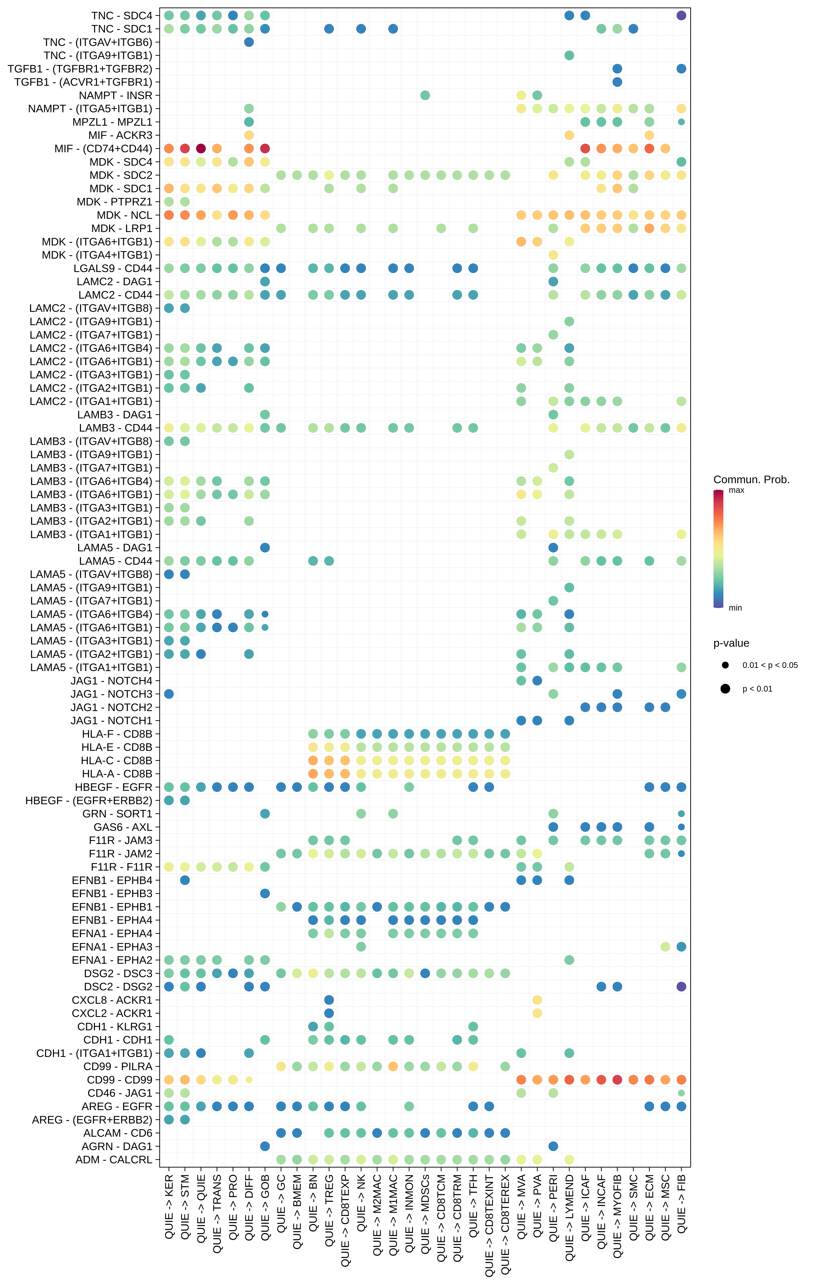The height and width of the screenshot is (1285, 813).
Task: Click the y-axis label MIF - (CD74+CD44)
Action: [x=103, y=148]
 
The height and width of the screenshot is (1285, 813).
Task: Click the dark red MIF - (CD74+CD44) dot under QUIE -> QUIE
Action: [x=201, y=148]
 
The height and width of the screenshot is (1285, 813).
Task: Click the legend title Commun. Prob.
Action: [x=751, y=479]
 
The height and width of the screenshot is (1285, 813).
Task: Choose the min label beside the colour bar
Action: [x=735, y=608]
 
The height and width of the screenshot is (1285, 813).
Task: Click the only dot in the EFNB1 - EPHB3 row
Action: [x=265, y=893]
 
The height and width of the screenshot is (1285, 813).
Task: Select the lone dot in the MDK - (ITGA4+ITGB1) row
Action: [x=553, y=255]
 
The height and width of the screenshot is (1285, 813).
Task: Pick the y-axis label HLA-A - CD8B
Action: [x=117, y=774]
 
